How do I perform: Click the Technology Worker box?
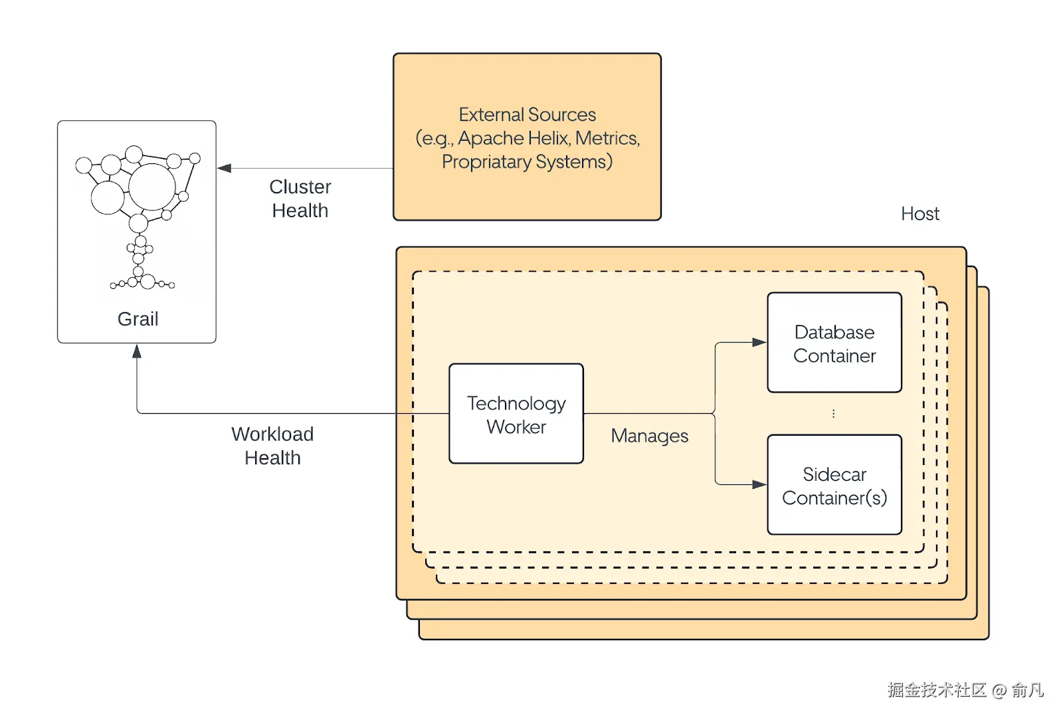pos(516,413)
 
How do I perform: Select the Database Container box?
pos(834,343)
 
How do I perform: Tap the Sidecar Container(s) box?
pos(834,485)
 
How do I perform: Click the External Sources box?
pos(527,137)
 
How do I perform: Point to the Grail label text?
pos(138,319)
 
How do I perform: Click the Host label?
pos(920,214)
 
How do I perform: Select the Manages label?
pos(649,436)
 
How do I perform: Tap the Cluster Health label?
pos(300,199)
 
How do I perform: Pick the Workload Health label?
pos(272,446)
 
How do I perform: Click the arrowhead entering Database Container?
pos(759,343)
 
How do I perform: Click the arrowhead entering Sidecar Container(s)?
pos(759,485)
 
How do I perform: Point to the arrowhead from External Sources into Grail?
pos(225,169)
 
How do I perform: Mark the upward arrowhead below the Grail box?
pos(137,351)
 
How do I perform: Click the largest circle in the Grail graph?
pos(152,187)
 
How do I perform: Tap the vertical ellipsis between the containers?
pos(833,414)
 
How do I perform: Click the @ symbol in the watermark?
pos(999,691)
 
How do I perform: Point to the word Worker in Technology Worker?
pos(516,427)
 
